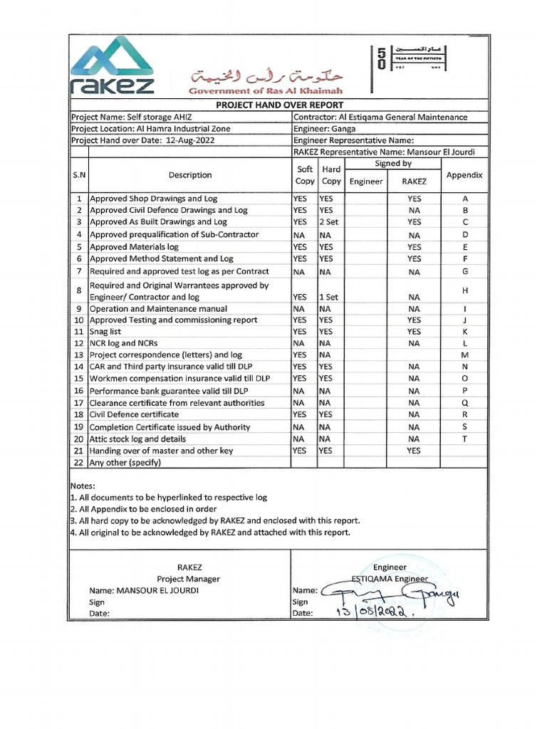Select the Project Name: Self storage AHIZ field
[132, 117]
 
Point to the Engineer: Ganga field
[324, 129]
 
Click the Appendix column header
[464, 174]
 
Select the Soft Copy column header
[304, 175]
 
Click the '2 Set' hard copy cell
[329, 222]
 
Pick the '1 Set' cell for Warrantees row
[328, 297]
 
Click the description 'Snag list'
[105, 332]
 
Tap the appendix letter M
[464, 355]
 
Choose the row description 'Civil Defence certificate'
[134, 414]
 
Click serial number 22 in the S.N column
[78, 463]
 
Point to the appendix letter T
[464, 439]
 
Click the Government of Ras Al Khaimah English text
[266, 90]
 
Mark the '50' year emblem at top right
[382, 58]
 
